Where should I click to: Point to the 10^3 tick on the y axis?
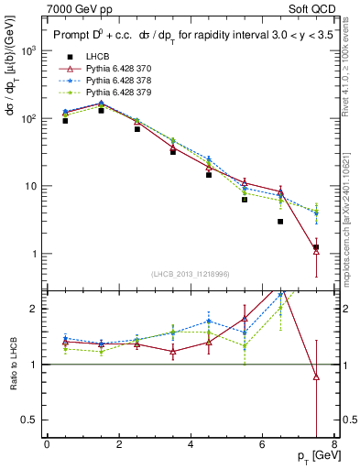click(28, 50)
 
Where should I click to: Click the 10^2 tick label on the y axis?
click(28, 118)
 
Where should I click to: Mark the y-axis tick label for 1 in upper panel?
click(34, 254)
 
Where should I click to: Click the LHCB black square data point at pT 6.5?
click(280, 222)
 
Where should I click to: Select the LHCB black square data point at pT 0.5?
click(65, 121)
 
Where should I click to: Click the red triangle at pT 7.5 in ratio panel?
click(316, 376)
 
